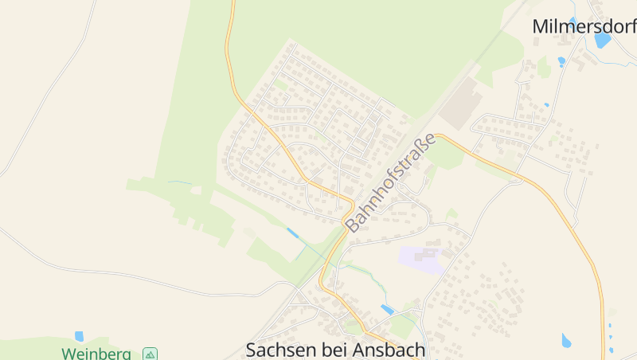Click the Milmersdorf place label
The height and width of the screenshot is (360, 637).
tap(584, 26)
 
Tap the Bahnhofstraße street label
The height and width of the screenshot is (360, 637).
tap(392, 183)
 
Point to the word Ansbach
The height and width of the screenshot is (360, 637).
tap(387, 350)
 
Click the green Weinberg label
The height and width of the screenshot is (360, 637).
tap(96, 353)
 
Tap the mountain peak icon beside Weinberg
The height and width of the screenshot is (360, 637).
tap(150, 354)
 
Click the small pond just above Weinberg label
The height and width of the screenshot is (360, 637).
tap(79, 336)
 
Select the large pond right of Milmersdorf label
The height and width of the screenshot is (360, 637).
tap(603, 39)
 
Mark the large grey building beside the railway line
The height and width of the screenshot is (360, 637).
tap(461, 103)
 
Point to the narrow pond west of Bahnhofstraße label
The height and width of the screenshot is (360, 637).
tap(293, 233)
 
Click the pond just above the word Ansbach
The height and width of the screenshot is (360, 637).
tap(388, 308)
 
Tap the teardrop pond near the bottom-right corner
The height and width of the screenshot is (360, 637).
tap(566, 341)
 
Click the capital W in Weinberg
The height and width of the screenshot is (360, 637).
tap(68, 353)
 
